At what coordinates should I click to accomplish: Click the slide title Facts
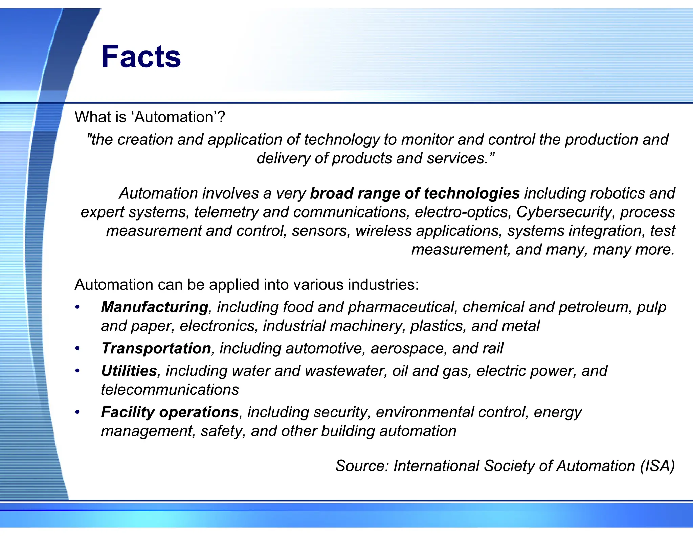[x=141, y=57]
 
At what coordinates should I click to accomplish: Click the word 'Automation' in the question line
[x=176, y=117]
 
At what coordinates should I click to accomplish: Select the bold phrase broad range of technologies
[x=415, y=193]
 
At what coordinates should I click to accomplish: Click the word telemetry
[x=226, y=212]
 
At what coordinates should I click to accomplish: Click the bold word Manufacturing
[x=155, y=307]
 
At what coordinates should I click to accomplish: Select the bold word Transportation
[x=156, y=349]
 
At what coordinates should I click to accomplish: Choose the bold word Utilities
[x=129, y=371]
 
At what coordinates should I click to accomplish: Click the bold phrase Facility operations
[x=170, y=412]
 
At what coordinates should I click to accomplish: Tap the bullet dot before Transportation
[x=77, y=349]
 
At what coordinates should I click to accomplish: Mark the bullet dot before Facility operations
[x=77, y=412]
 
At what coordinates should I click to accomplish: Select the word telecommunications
[x=170, y=390]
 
